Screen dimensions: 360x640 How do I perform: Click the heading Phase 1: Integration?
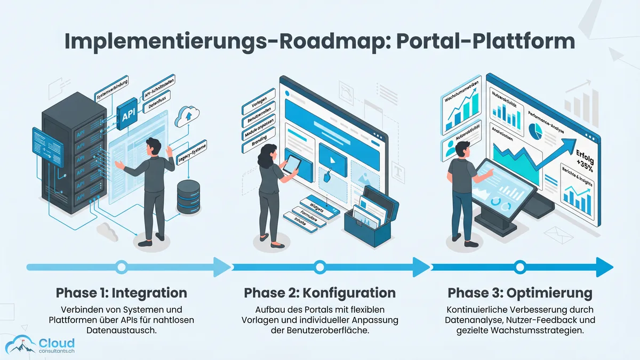tap(122, 293)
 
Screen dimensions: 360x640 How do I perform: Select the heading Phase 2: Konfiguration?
tap(320, 293)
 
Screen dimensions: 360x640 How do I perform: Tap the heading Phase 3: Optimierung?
tap(520, 293)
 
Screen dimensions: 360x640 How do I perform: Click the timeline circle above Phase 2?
tap(319, 267)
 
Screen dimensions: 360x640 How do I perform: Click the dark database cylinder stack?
tap(188, 197)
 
